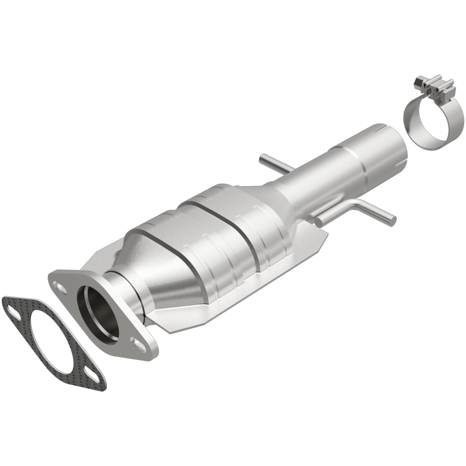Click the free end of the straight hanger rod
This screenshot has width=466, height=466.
pyautogui.click(x=262, y=159)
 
